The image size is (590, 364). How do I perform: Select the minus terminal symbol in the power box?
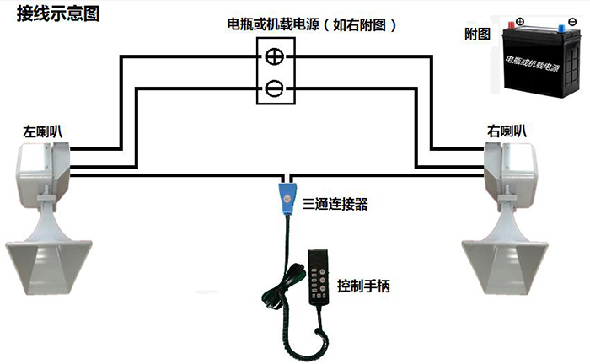pyautogui.click(x=275, y=87)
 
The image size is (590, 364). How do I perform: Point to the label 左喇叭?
pyautogui.click(x=42, y=131)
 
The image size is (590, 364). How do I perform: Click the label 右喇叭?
pyautogui.click(x=507, y=131)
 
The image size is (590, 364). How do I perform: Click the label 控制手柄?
pyautogui.click(x=363, y=286)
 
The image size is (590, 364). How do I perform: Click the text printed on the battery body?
pyautogui.click(x=534, y=62)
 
